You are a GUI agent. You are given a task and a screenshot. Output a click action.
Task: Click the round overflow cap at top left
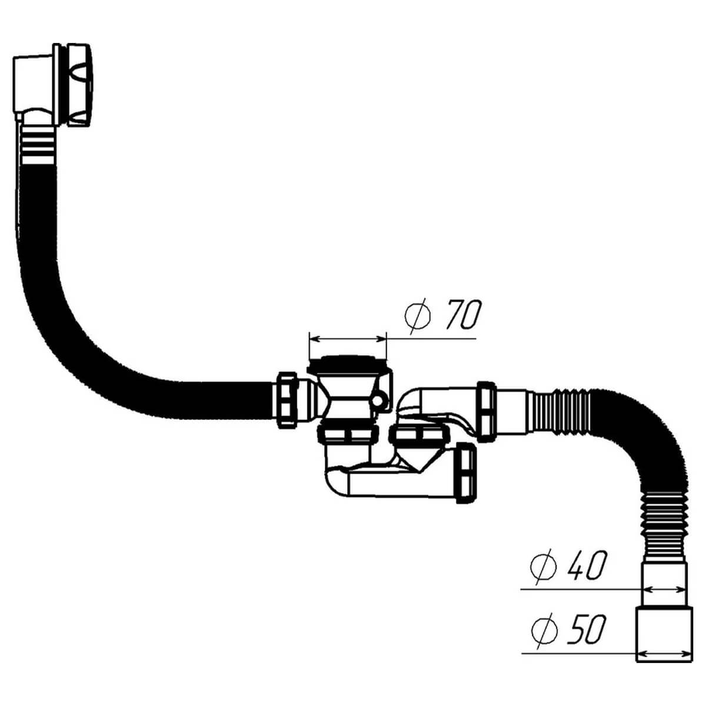(x=78, y=85)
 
